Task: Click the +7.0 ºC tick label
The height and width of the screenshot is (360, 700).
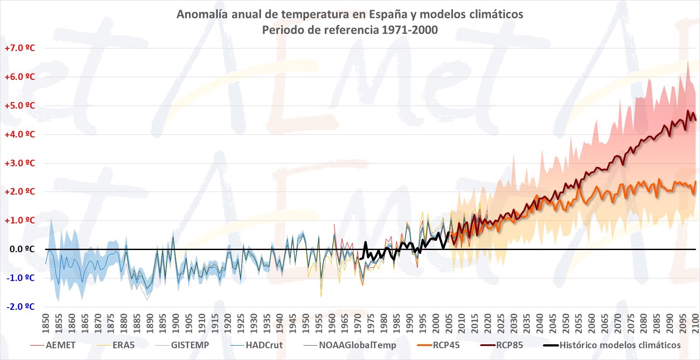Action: (x=20, y=48)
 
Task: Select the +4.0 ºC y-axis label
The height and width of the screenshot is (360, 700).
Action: (x=20, y=134)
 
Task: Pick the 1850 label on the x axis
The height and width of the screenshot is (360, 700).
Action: (x=45, y=323)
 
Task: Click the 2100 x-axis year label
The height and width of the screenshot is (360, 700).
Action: (x=696, y=323)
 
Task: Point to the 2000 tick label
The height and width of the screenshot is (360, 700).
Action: (x=436, y=323)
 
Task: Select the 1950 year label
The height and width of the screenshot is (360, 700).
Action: (x=305, y=323)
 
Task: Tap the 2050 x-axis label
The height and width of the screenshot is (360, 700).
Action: (x=566, y=323)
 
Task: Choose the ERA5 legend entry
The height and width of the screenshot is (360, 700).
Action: (x=124, y=345)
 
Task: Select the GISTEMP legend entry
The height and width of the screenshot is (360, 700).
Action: (x=190, y=345)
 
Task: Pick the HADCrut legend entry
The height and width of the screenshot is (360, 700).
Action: (x=264, y=345)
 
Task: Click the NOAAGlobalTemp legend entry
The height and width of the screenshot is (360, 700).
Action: (x=357, y=345)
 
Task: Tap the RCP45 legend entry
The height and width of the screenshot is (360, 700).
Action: (x=446, y=345)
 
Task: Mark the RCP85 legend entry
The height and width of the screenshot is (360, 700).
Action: (x=509, y=345)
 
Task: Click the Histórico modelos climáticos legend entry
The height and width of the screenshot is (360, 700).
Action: (x=620, y=345)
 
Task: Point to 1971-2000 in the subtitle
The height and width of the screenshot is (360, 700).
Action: (x=409, y=30)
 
